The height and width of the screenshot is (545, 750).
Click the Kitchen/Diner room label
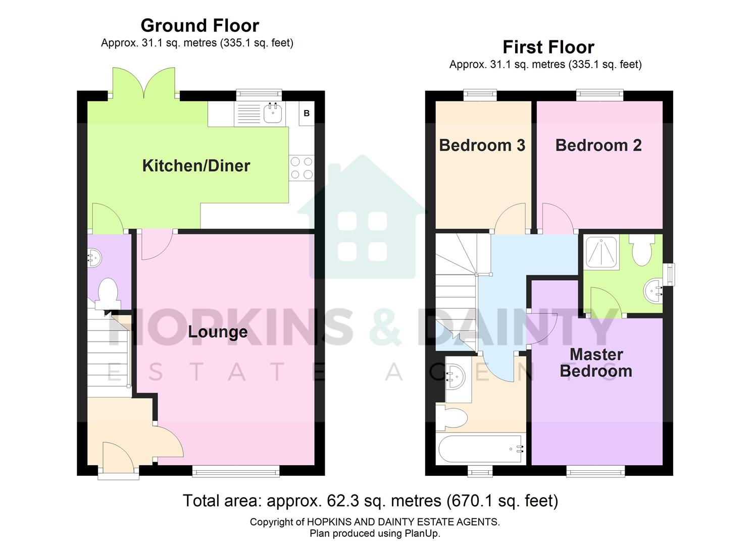[196, 166]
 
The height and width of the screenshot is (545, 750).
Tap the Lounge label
[218, 332]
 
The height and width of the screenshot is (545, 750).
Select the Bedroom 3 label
[482, 145]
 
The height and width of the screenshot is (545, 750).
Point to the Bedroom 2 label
[598, 145]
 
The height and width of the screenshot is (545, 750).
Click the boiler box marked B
[306, 114]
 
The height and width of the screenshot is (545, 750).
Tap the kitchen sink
[273, 113]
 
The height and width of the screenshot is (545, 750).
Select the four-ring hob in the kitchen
[301, 168]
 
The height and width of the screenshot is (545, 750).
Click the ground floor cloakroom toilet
[107, 293]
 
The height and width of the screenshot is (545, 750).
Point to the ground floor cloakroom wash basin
[94, 258]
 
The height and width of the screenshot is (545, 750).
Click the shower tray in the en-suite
[601, 251]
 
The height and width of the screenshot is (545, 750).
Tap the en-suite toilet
[642, 251]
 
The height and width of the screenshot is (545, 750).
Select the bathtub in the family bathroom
[481, 449]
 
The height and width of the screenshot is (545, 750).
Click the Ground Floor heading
[199, 25]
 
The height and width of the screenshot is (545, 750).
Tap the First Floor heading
[548, 47]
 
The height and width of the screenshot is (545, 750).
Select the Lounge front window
[235, 471]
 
